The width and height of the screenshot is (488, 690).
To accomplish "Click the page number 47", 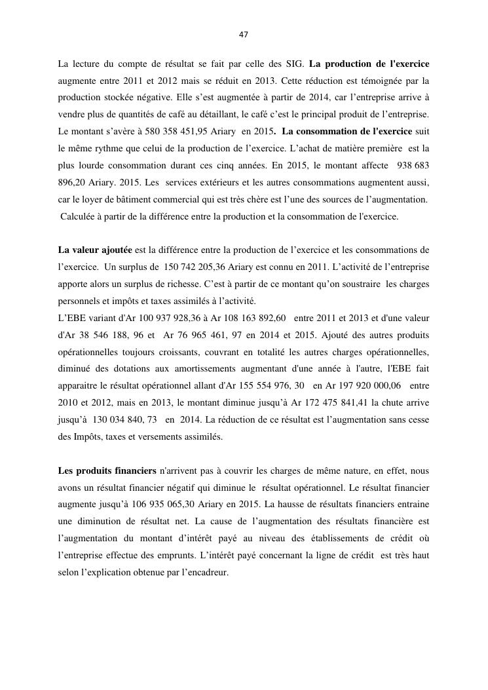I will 244,34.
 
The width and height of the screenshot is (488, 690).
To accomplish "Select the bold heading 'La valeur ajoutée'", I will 95,250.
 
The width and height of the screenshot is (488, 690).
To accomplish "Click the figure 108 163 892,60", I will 248,318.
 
